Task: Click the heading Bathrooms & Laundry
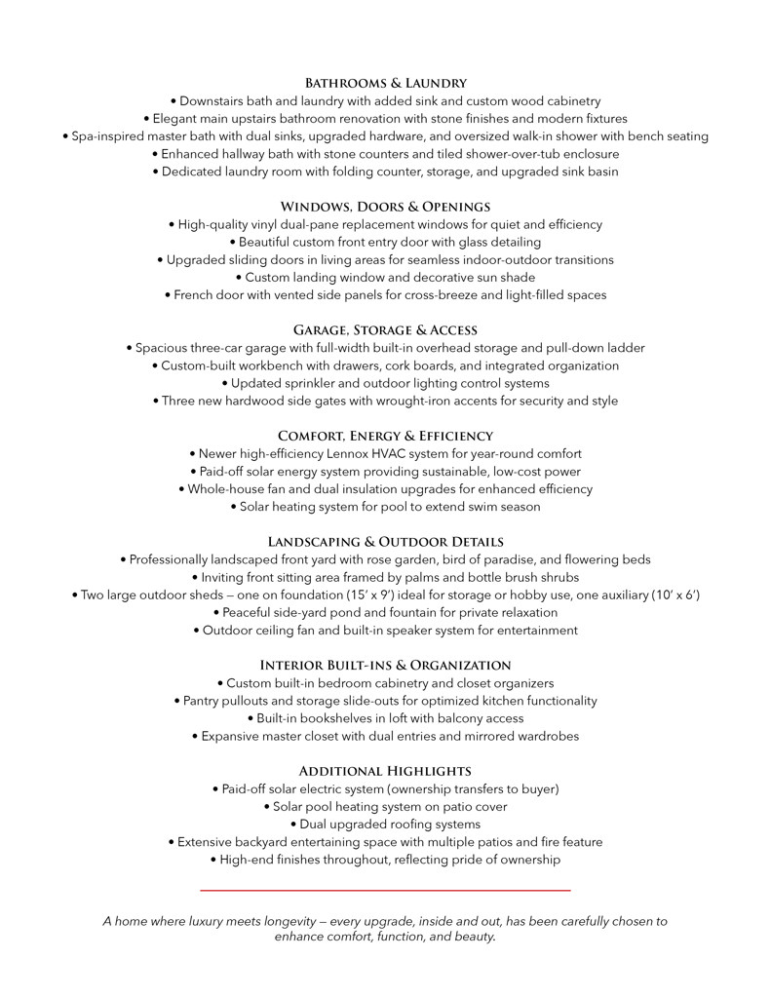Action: point(385,83)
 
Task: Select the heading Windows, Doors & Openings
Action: point(385,207)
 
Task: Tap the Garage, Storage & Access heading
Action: point(385,330)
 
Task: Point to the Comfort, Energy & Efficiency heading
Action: point(385,436)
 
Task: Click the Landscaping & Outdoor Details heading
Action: point(385,542)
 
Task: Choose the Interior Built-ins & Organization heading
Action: point(385,666)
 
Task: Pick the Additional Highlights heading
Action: point(385,771)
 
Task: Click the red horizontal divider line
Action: point(385,890)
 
